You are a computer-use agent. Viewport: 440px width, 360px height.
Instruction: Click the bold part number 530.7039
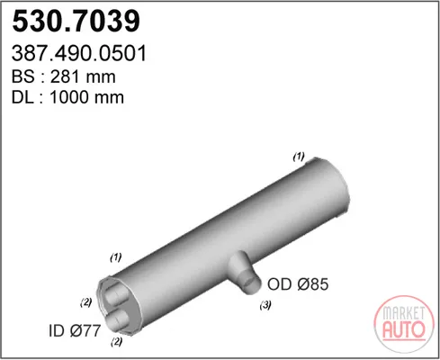point(76,21)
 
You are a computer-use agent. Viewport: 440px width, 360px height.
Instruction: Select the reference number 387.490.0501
point(79,53)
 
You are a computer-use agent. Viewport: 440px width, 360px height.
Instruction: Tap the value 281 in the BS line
point(65,76)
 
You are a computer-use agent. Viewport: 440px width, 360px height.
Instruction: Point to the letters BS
point(23,76)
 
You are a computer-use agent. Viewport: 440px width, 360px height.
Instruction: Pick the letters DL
point(22,97)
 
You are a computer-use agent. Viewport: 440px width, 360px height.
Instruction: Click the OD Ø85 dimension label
point(298,283)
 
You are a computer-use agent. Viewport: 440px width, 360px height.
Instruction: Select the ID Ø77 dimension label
point(75,330)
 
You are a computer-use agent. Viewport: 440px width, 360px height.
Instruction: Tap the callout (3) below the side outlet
point(265,305)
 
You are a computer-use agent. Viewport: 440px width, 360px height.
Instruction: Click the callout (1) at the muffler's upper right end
point(299,157)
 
